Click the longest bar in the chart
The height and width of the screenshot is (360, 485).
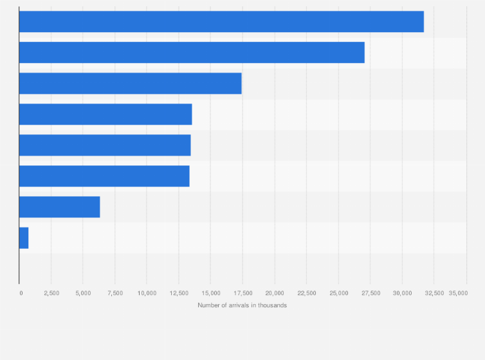[x=221, y=22]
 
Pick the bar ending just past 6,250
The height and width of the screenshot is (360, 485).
[x=59, y=207]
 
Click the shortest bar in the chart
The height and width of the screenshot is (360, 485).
[x=24, y=238]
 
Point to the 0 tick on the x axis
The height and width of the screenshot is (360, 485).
[x=21, y=293]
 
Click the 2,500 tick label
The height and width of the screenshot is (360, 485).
[x=51, y=293]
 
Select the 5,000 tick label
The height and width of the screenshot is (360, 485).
[x=83, y=293]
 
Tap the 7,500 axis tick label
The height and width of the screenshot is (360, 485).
[x=115, y=293]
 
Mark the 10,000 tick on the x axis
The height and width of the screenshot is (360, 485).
[x=147, y=293]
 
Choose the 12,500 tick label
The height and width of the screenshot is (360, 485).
[x=179, y=293]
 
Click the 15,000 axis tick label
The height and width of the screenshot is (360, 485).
[x=210, y=293]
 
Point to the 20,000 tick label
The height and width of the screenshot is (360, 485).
[x=275, y=293]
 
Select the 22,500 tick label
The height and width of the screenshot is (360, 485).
[x=306, y=293]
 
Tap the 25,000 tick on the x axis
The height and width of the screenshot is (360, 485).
[x=338, y=293]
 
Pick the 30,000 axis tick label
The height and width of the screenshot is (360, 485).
[x=402, y=293]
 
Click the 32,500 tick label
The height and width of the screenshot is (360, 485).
[x=434, y=293]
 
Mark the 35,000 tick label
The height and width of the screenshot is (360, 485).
[x=458, y=293]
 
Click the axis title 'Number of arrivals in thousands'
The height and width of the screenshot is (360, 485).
[x=243, y=305]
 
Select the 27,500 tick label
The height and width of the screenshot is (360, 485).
[x=370, y=293]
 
